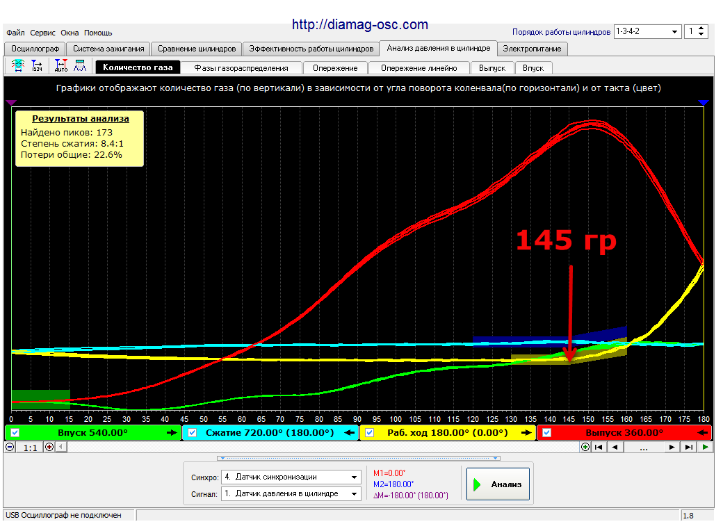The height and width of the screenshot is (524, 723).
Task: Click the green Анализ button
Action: pos(498,484)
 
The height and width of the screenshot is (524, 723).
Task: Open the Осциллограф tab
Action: pos(35,49)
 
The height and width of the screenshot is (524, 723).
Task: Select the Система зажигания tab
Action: pos(108,49)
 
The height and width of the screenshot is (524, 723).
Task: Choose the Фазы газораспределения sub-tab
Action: pos(241,68)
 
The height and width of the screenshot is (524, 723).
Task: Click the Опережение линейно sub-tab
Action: pos(419,68)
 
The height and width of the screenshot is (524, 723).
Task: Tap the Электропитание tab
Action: pos(532,49)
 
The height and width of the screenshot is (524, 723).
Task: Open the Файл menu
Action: pos(15,33)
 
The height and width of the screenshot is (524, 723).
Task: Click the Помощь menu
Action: pos(98,33)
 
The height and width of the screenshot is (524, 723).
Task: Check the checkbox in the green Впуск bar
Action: pos(15,433)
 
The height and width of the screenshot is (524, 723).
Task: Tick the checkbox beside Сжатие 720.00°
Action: pos(193,433)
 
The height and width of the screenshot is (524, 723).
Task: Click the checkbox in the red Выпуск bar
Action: pos(546,433)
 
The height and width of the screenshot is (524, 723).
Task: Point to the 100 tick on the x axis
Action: pos(396,419)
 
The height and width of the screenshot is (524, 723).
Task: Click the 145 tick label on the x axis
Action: pos(569,419)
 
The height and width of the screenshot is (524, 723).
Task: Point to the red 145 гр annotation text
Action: pos(566,240)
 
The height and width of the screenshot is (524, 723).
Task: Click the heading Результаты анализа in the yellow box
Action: pos(80,118)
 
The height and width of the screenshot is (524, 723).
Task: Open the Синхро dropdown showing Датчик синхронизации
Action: pos(291,477)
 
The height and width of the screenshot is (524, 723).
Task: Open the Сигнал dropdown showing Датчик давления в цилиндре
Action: pos(291,493)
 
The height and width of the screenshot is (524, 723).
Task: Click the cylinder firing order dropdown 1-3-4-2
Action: pos(647,31)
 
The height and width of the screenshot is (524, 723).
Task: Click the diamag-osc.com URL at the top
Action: pos(360,24)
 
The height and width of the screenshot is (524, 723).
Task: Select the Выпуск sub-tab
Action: pos(492,68)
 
